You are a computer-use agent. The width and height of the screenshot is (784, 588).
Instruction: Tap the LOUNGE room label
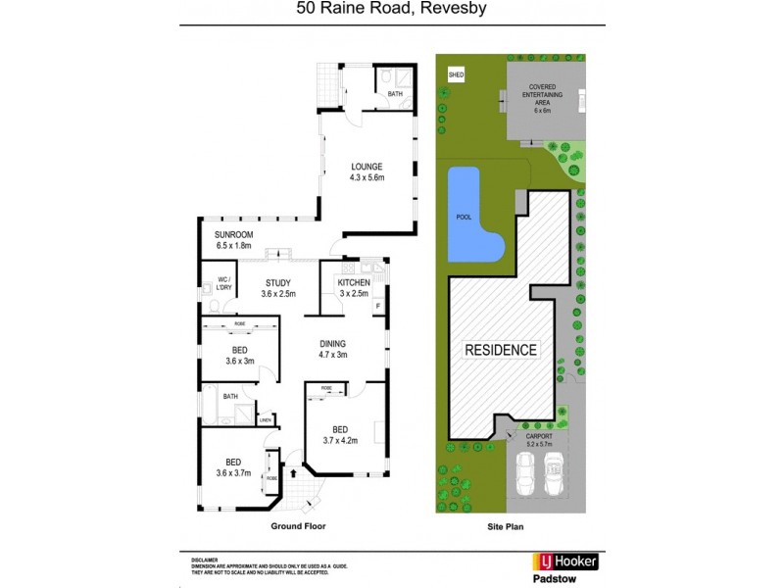tap(367, 171)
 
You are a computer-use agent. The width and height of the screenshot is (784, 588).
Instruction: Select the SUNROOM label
tap(234, 240)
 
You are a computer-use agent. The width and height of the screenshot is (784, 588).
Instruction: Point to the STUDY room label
tap(278, 288)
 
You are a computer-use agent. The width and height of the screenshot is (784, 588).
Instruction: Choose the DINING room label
tap(334, 349)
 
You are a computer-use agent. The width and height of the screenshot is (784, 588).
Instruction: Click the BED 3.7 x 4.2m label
tap(339, 434)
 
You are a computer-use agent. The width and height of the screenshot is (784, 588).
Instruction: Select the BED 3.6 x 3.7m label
tap(233, 467)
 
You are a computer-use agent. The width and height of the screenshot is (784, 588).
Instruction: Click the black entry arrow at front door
tap(292, 472)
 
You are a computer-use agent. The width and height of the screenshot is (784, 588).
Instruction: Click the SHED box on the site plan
tap(455, 74)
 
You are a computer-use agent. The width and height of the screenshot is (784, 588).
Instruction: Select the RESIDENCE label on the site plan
tap(500, 350)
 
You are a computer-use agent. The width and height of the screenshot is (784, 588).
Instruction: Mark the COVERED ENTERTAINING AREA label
tap(542, 98)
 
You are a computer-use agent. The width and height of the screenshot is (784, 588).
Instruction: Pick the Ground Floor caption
tap(298, 526)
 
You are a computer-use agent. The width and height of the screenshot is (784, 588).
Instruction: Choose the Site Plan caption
tap(510, 526)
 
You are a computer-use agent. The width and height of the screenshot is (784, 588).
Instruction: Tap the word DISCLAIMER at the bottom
tap(192, 557)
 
